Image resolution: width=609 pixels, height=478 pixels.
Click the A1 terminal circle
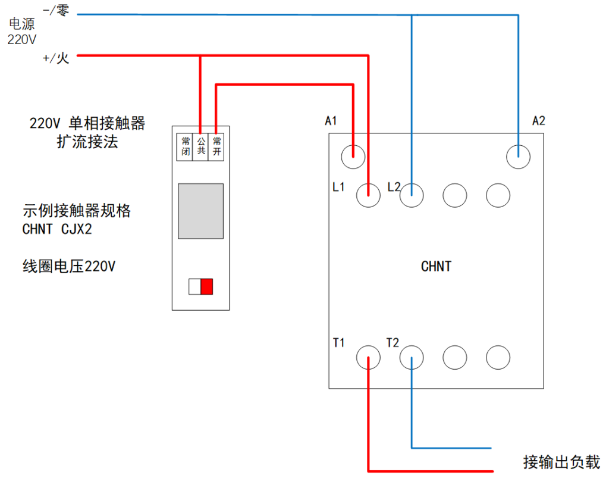pos(353,157)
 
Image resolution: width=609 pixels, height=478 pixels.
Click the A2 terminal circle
pos(518,157)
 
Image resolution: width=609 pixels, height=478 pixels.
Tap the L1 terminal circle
pos(368,195)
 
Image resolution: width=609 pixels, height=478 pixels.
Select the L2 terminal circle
pos(412,195)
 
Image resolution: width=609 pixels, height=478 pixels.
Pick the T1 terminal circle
pos(368,357)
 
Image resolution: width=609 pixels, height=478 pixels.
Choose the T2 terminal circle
pos(412,357)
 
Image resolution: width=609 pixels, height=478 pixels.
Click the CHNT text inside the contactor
pos(436,266)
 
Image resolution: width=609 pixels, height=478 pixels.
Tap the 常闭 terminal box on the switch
pos(186,146)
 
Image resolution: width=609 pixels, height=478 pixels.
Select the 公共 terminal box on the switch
pos(201,146)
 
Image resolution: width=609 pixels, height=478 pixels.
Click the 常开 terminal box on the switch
pos(216,146)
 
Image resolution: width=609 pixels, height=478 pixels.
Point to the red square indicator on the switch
pos(206,286)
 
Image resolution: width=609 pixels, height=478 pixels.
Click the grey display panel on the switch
pos(200,211)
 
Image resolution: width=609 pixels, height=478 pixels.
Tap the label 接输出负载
pos(561,461)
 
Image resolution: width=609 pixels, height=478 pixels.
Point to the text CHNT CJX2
pos(57,229)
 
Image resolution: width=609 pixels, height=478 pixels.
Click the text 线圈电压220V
pos(68,266)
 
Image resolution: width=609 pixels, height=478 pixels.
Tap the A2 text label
pos(538,121)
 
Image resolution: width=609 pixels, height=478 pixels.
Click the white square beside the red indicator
pos(194,286)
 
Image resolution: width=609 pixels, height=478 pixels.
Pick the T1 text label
pos(340,343)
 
